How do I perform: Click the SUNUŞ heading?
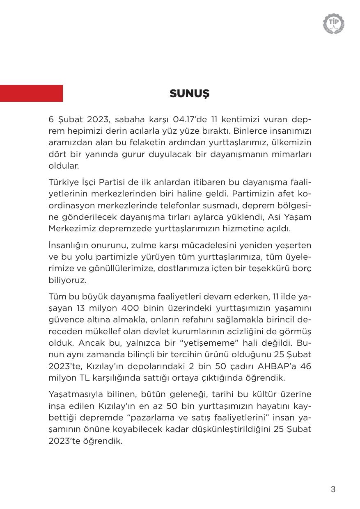pyautogui.click(x=189, y=94)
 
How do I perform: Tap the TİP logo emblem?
pyautogui.click(x=333, y=23)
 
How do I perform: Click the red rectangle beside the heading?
pyautogui.click(x=31, y=93)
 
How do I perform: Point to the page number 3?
pyautogui.click(x=333, y=489)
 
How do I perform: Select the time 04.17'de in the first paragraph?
pyautogui.click(x=190, y=119)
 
